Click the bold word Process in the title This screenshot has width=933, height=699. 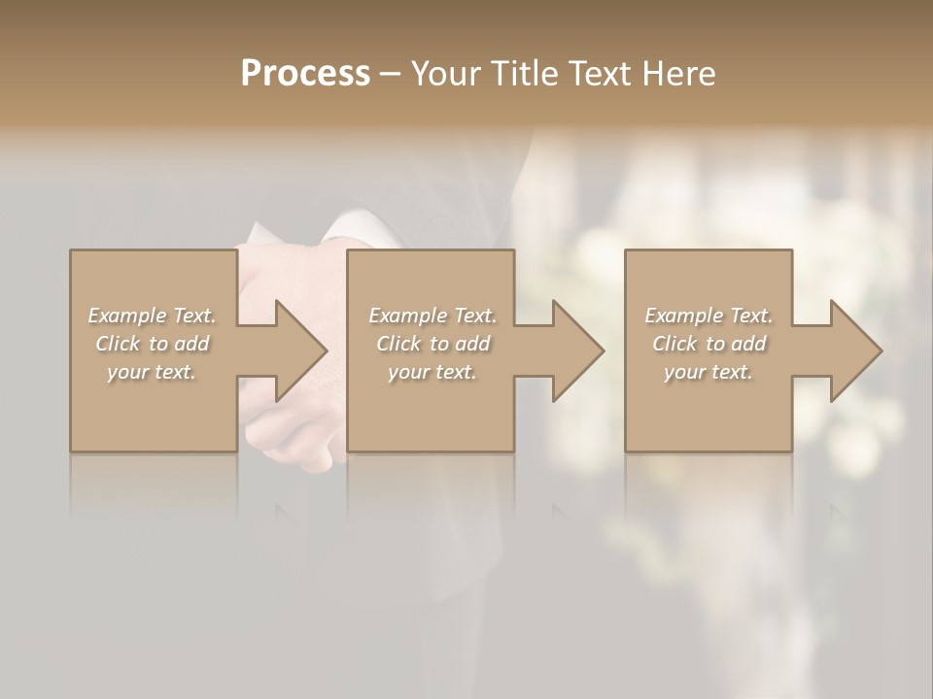click(305, 74)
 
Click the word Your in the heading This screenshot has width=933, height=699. click(448, 74)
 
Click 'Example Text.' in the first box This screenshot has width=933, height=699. click(152, 316)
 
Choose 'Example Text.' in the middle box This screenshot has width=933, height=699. click(432, 316)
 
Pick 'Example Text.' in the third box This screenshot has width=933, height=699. click(708, 316)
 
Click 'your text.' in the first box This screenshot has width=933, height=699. click(152, 372)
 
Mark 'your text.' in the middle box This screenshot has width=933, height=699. click(432, 372)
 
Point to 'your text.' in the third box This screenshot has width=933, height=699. click(708, 372)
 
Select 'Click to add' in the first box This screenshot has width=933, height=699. click(152, 344)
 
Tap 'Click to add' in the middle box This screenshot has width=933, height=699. click(432, 344)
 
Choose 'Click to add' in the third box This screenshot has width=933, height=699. click(708, 344)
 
